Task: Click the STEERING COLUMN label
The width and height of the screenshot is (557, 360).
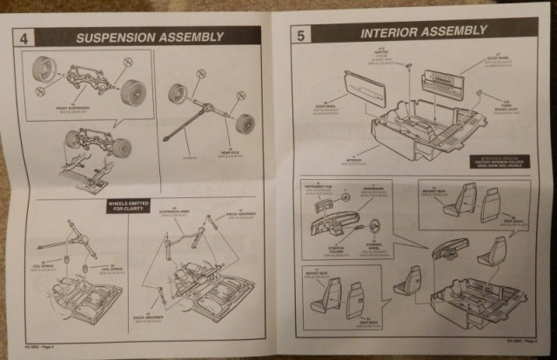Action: pos(333,254)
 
